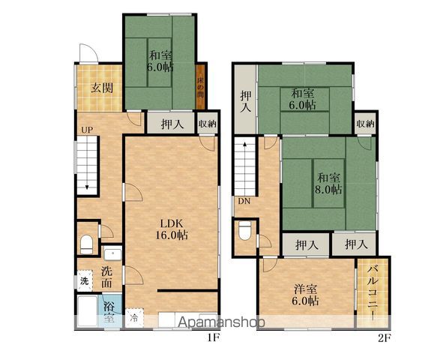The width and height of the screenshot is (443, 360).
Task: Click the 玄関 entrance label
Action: pyautogui.click(x=102, y=88)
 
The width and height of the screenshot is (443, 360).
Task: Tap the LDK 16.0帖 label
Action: pyautogui.click(x=172, y=229)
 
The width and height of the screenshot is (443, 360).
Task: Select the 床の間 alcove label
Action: pyautogui.click(x=200, y=87)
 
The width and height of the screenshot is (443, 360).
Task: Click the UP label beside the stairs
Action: pyautogui.click(x=87, y=130)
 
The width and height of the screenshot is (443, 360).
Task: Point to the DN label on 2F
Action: pyautogui.click(x=244, y=202)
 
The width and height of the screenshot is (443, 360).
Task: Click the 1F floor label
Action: pyautogui.click(x=214, y=337)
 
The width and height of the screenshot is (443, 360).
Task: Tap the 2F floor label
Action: pyautogui.click(x=385, y=338)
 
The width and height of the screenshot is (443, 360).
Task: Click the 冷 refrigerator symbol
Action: pyautogui.click(x=134, y=317)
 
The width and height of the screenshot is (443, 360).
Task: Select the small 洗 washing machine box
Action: pyautogui.click(x=85, y=281)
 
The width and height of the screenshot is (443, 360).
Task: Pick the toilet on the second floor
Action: pyautogui.click(x=244, y=231)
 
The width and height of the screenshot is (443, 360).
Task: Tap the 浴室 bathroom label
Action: pyautogui.click(x=109, y=312)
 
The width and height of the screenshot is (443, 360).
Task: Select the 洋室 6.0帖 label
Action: pyautogui.click(x=305, y=295)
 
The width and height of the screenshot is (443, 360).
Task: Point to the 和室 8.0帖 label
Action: pyautogui.click(x=328, y=184)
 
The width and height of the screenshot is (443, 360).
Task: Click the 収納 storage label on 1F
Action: pyautogui.click(x=208, y=124)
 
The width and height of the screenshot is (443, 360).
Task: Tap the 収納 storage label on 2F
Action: pyautogui.click(x=365, y=124)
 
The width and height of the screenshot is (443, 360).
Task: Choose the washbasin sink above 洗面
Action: pyautogui.click(x=112, y=253)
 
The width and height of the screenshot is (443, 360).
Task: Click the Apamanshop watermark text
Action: pyautogui.click(x=222, y=322)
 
